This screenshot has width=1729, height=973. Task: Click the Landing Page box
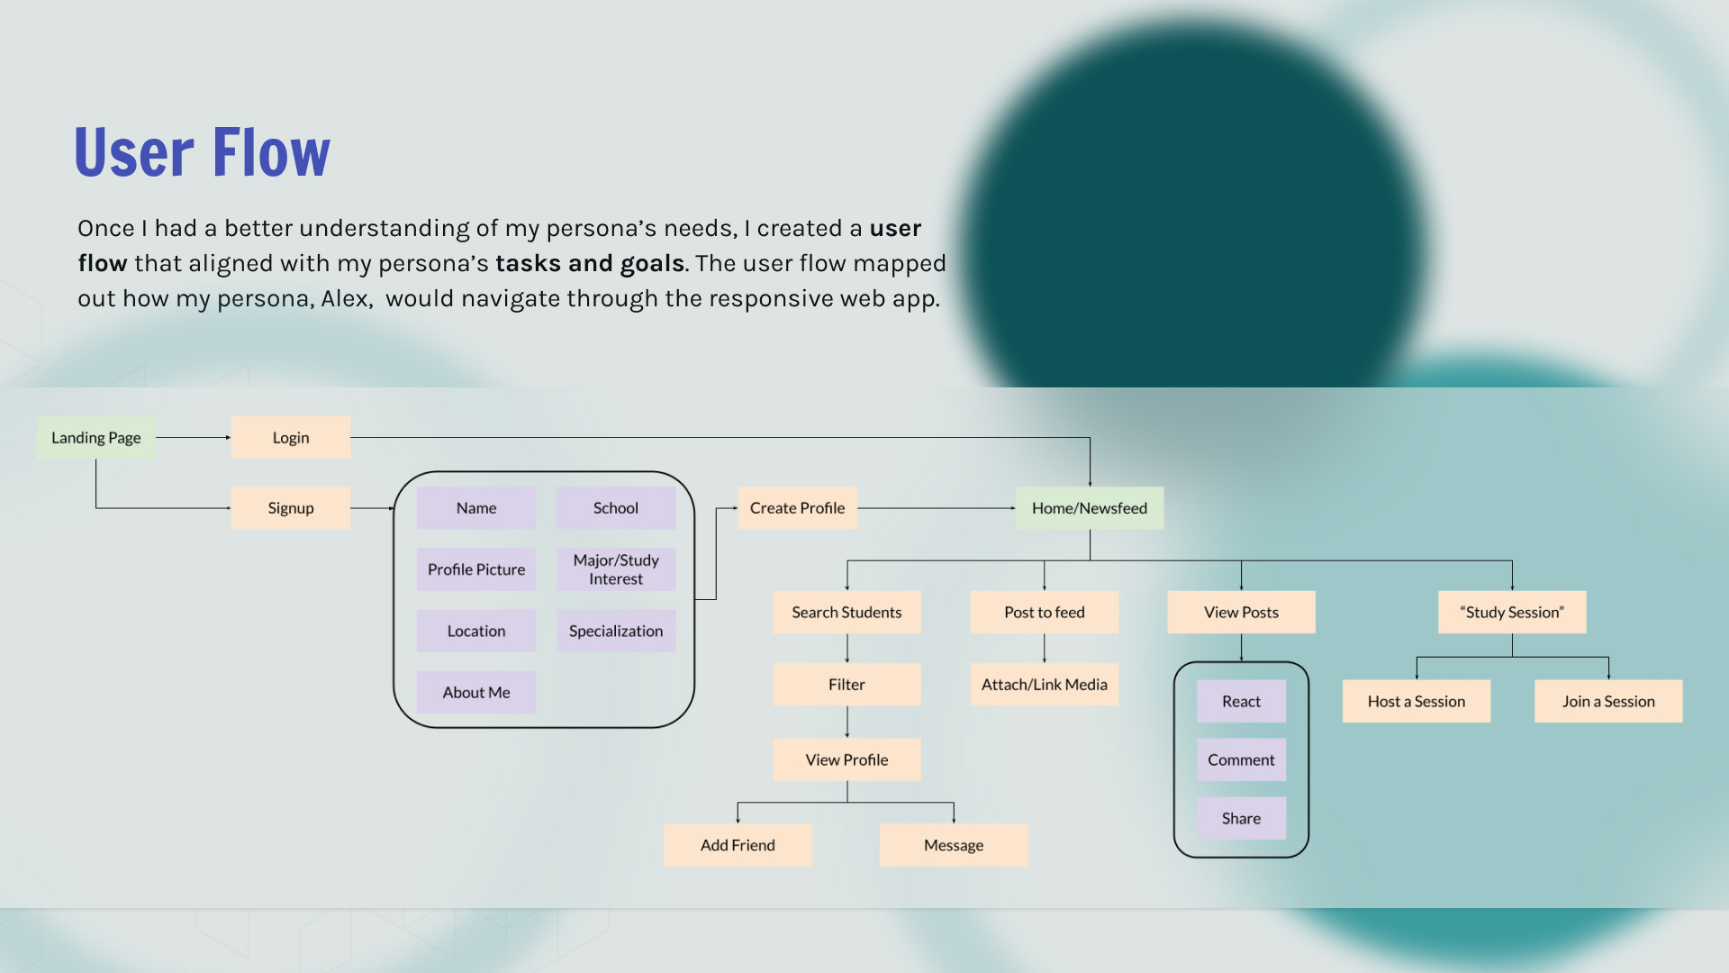pyautogui.click(x=95, y=438)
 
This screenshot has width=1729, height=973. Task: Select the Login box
pyautogui.click(x=290, y=438)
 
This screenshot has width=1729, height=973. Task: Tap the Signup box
pyautogui.click(x=290, y=508)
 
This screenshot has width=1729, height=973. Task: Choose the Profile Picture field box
pyautogui.click(x=475, y=569)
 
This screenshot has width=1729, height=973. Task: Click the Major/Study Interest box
pyautogui.click(x=616, y=569)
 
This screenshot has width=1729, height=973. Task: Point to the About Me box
pyautogui.click(x=475, y=693)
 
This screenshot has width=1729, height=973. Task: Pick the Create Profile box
pyautogui.click(x=797, y=508)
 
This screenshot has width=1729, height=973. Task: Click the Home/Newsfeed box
pyautogui.click(x=1089, y=508)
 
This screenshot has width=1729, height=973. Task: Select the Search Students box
pyautogui.click(x=846, y=613)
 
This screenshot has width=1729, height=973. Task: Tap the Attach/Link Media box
pyautogui.click(x=1044, y=685)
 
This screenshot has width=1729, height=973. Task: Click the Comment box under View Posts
pyautogui.click(x=1241, y=760)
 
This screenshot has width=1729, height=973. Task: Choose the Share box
pyautogui.click(x=1241, y=819)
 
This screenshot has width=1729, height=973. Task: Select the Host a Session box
pyautogui.click(x=1416, y=702)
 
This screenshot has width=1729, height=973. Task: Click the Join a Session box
pyautogui.click(x=1608, y=702)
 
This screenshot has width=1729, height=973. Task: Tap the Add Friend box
pyautogui.click(x=738, y=845)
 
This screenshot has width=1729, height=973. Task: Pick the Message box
pyautogui.click(x=953, y=845)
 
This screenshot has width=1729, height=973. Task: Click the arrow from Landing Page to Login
pyautogui.click(x=193, y=438)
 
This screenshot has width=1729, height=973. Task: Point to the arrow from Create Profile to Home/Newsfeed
pyautogui.click(x=936, y=508)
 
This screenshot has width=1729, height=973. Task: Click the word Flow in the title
pyautogui.click(x=272, y=153)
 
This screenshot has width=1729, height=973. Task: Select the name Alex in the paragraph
pyautogui.click(x=345, y=299)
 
